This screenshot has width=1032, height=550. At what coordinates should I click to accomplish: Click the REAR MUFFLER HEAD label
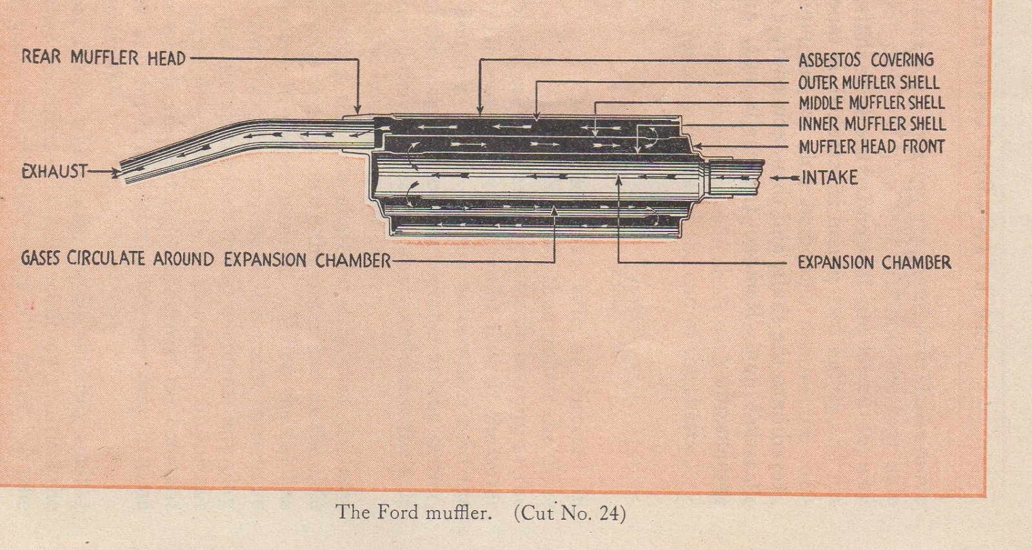[x=104, y=57]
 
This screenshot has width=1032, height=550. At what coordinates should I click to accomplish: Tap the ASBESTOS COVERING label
[x=866, y=60]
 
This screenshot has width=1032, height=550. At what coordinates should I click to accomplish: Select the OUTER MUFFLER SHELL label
[x=868, y=82]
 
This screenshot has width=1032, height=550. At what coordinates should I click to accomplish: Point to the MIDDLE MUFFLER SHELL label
[x=871, y=103]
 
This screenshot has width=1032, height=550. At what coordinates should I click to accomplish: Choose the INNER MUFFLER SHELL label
[x=871, y=124]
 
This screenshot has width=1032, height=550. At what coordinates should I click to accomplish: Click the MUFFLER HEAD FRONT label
[x=871, y=147]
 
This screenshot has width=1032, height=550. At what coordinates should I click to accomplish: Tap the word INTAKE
[x=829, y=177]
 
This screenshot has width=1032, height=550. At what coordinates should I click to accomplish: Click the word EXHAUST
[x=54, y=172]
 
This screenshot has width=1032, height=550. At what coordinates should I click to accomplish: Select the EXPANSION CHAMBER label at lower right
[x=874, y=262]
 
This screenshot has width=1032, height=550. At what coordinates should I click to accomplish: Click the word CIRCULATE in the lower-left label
[x=106, y=259]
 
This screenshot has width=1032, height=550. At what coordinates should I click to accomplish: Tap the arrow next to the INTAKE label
[x=786, y=177]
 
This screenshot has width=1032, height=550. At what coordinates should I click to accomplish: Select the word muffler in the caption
[x=458, y=513]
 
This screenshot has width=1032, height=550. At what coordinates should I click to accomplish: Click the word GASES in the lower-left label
[x=41, y=258]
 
